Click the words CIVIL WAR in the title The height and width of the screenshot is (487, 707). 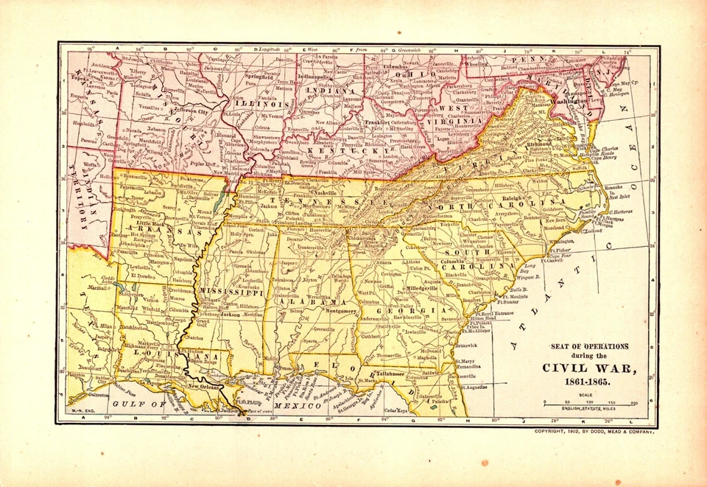588,368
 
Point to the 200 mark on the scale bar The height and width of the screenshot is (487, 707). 633,403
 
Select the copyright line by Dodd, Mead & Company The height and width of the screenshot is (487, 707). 594,431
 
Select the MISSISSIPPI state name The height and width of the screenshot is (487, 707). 231,292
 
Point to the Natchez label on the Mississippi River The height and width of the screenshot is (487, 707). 194,336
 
